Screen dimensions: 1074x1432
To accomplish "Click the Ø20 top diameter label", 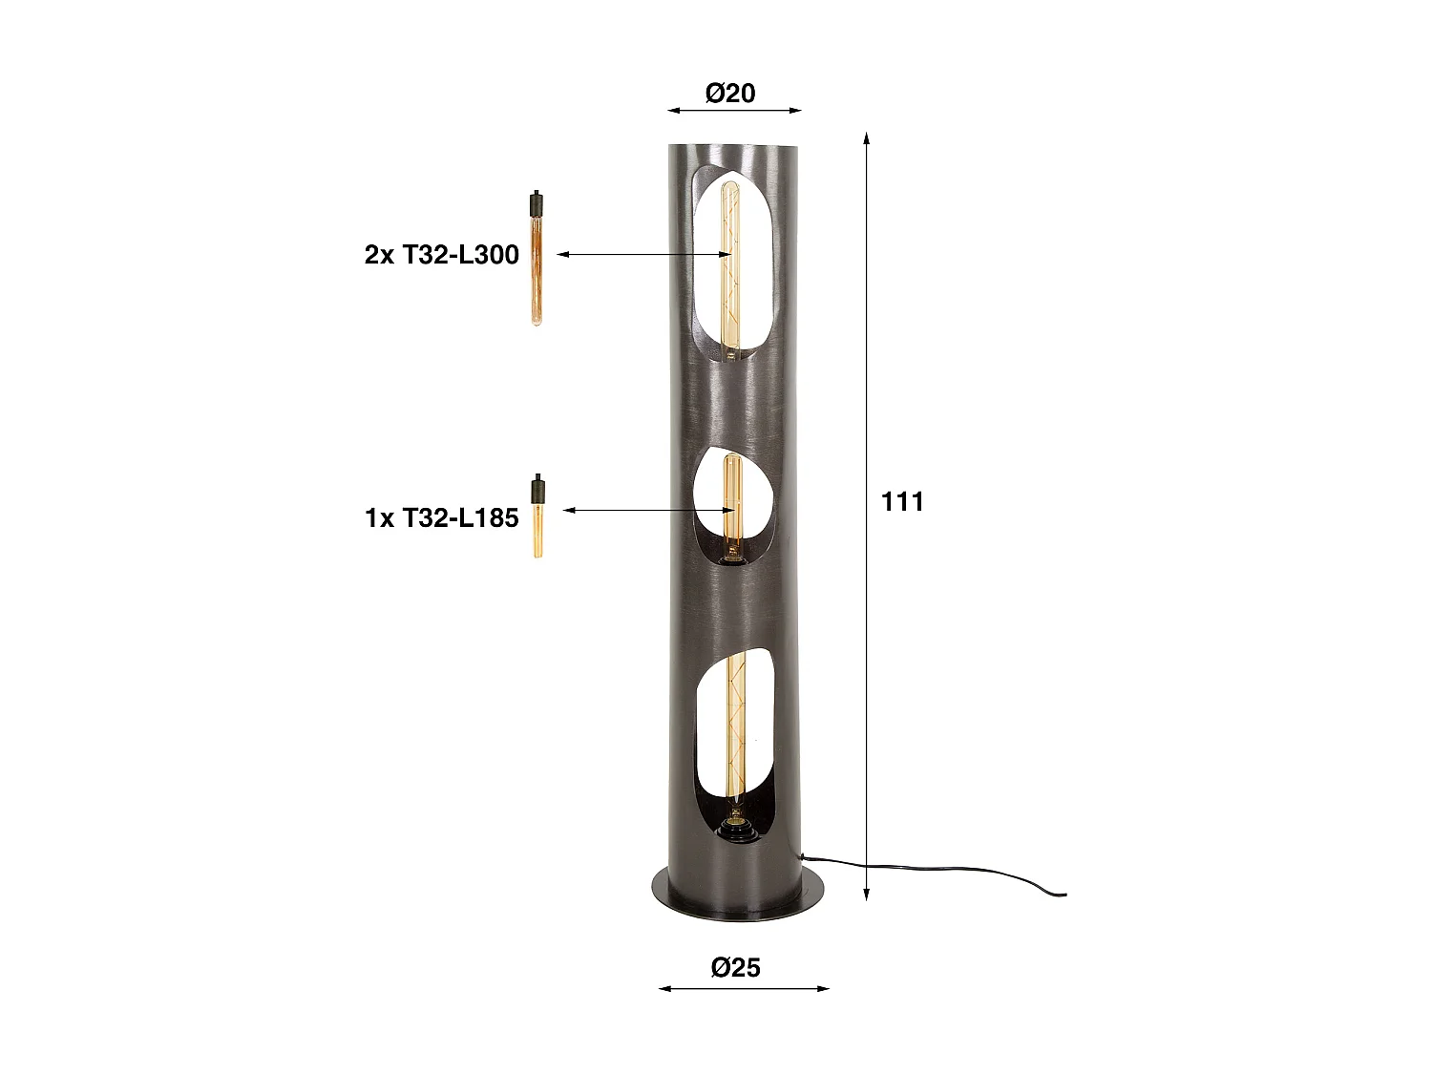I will coord(730,93).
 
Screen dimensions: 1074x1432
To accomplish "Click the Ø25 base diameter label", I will coord(736,967).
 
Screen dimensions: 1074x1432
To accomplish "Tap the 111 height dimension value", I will coord(902,502).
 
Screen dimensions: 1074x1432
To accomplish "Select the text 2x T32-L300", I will coord(441,255).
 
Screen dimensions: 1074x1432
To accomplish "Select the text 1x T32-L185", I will coord(441,517).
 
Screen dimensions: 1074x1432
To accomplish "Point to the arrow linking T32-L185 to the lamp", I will coord(649,511).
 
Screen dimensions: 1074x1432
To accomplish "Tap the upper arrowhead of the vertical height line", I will coord(866,137).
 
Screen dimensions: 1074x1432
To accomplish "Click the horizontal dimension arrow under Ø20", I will coord(734,111).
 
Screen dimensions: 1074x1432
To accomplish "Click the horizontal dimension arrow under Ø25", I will coord(745,988).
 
